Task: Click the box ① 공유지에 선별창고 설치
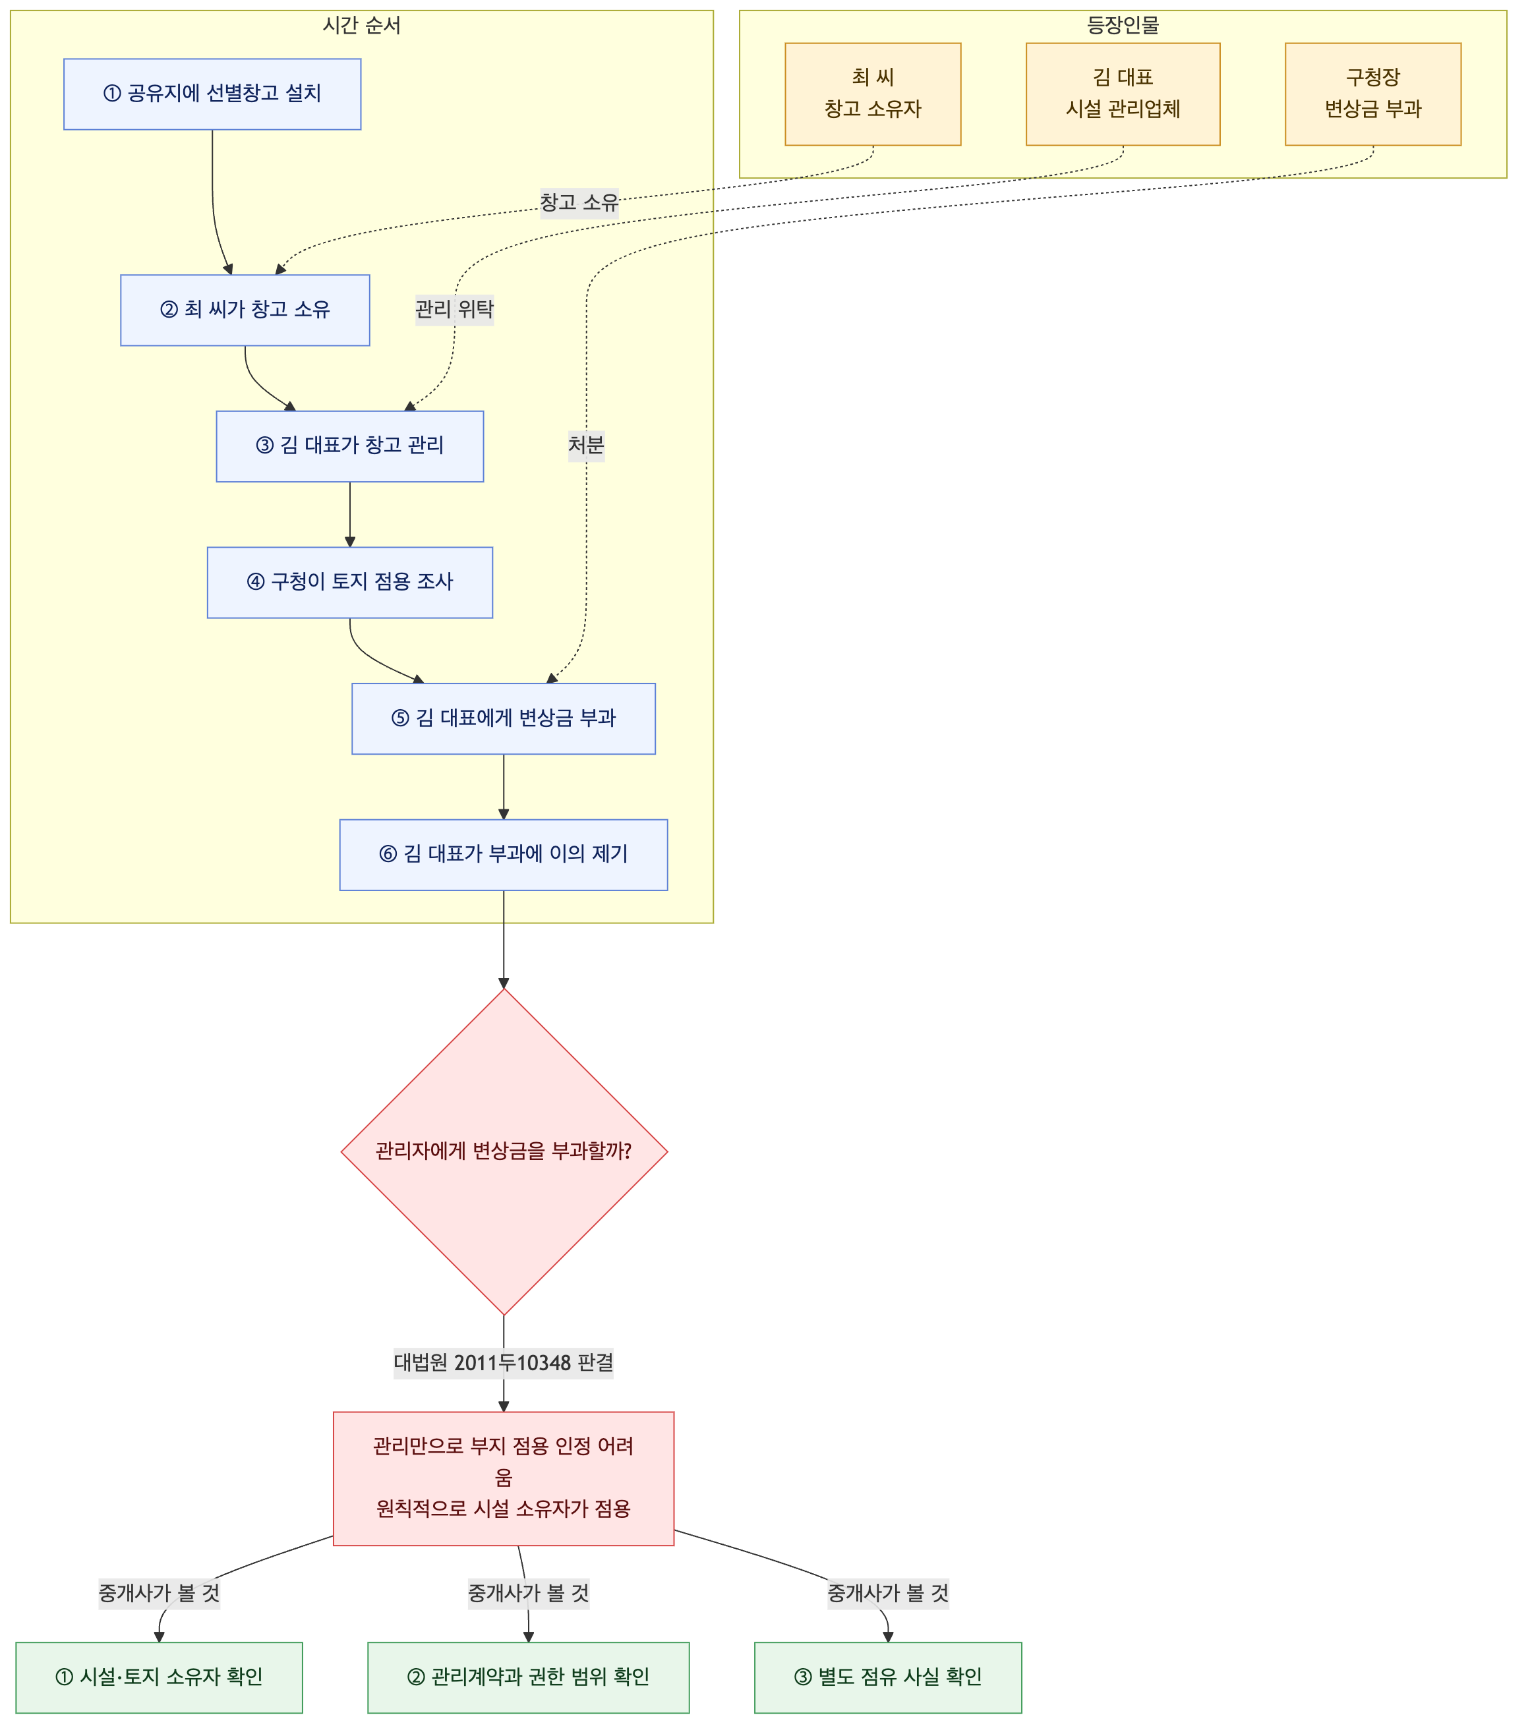(212, 94)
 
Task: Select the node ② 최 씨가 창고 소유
(245, 310)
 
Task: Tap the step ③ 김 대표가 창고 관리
(350, 446)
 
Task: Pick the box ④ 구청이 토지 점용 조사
(350, 583)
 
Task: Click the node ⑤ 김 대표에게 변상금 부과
(504, 718)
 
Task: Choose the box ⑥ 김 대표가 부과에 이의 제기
(504, 854)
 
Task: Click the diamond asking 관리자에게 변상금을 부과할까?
(504, 1151)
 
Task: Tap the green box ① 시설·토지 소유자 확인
(159, 1677)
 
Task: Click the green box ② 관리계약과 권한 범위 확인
(528, 1677)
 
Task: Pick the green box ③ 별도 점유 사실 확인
(887, 1677)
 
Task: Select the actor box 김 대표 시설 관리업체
(1123, 94)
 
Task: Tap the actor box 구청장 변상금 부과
(1372, 94)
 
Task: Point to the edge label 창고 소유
(579, 203)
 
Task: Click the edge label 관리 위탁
(454, 309)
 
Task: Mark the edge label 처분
(586, 445)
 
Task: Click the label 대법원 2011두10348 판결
(504, 1363)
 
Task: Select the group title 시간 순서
(362, 26)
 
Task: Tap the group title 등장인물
(1123, 26)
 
